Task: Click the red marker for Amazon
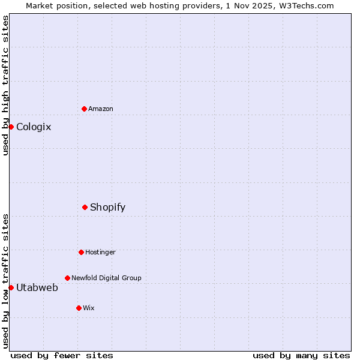85,109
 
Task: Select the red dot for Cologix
11,127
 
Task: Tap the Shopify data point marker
85,207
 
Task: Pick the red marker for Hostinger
81,252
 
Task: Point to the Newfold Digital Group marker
67,278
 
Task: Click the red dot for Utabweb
11,287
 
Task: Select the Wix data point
79,308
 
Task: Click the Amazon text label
101,109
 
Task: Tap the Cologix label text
34,127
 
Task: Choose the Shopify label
107,207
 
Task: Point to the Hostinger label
100,252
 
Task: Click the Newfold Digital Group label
106,278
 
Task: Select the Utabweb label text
37,287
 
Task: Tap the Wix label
89,308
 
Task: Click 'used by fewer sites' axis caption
62,355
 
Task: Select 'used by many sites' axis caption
301,355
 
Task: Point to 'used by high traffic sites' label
5,85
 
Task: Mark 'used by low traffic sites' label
5,281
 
